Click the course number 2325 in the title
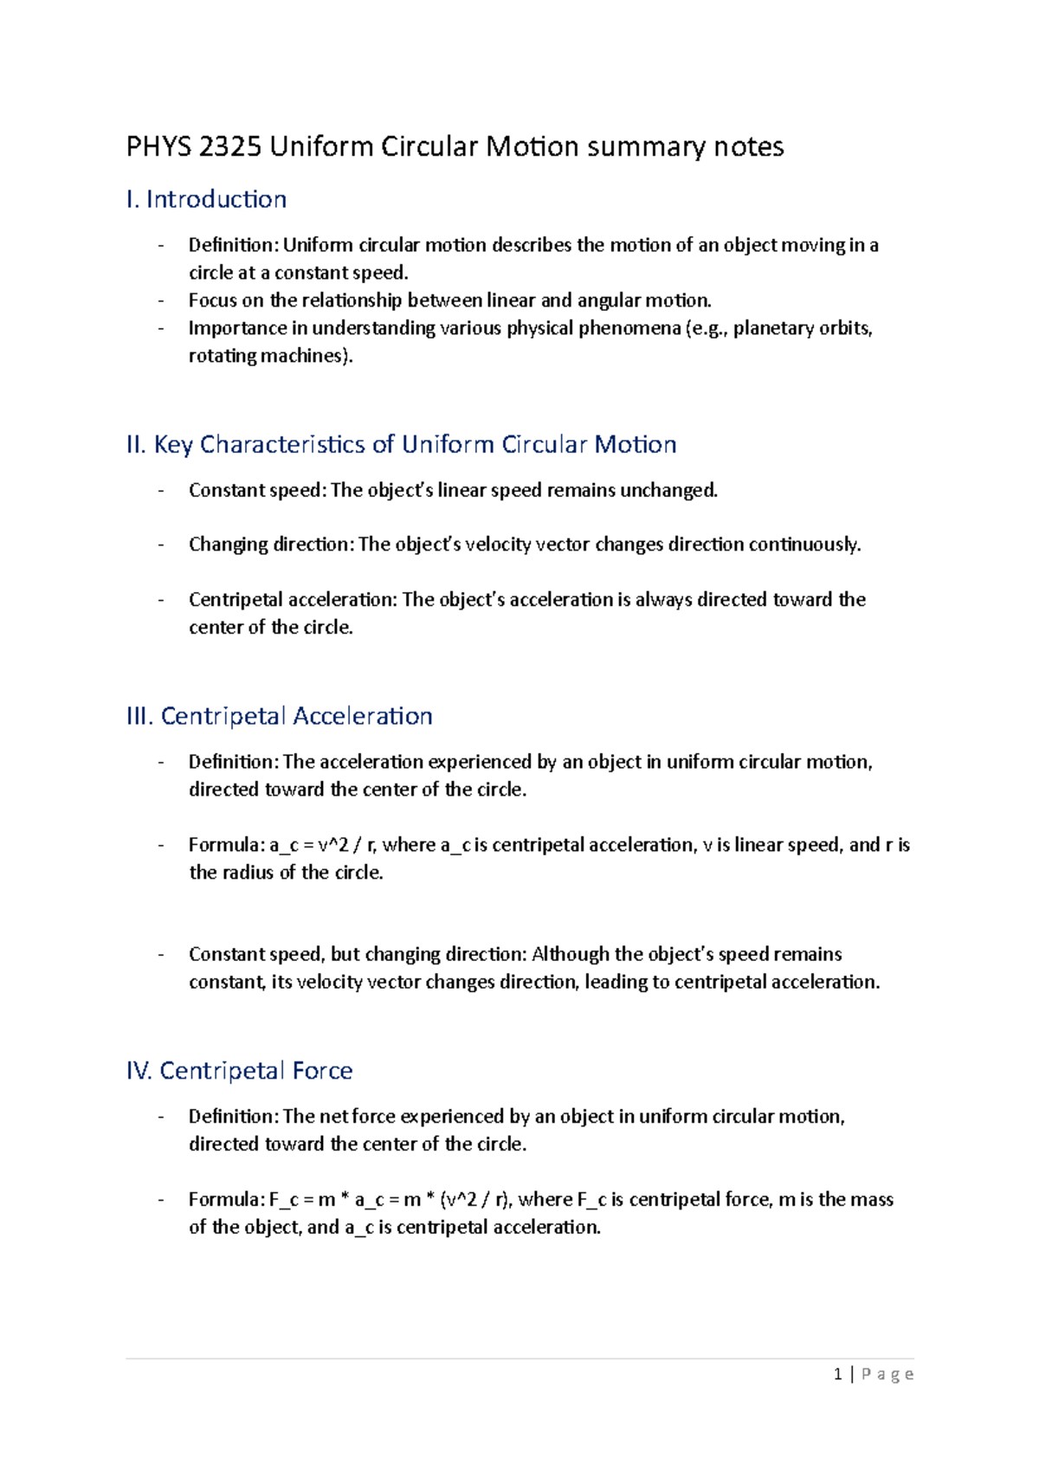click(x=229, y=146)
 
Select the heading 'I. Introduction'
click(x=206, y=199)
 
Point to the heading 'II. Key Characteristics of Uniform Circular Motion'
click(x=401, y=444)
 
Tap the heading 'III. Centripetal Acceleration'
click(x=279, y=716)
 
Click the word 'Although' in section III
click(x=570, y=954)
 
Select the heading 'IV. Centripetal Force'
click(x=239, y=1071)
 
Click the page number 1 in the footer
click(x=837, y=1374)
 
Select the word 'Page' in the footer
click(x=887, y=1374)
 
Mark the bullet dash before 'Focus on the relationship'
click(x=161, y=300)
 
